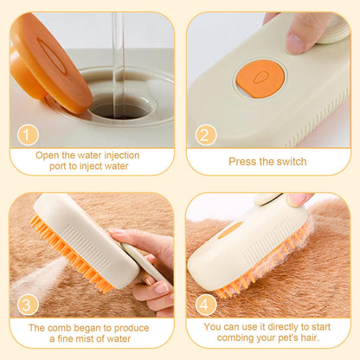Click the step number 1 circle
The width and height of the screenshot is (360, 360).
28,136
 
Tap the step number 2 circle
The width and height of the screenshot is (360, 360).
205,136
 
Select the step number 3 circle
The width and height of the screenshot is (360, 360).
28,305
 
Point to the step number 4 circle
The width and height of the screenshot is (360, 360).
205,305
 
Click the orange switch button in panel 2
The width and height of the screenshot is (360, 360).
260,78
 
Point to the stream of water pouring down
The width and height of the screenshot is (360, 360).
119,52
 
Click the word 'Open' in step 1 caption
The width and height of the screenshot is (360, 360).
48,156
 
